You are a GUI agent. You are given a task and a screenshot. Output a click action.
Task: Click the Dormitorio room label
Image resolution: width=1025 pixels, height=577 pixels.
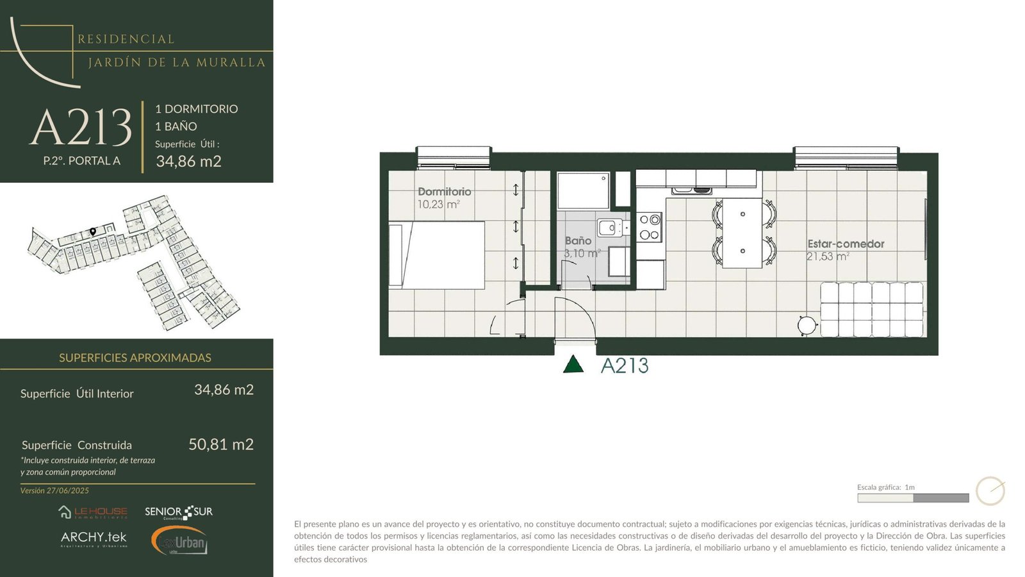(x=444, y=192)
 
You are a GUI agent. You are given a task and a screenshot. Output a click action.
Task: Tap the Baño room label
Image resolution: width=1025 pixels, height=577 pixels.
(x=578, y=240)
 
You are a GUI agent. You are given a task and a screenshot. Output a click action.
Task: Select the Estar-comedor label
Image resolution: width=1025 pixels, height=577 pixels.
(x=846, y=244)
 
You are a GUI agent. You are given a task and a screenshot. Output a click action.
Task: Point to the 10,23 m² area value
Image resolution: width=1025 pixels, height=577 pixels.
(x=438, y=205)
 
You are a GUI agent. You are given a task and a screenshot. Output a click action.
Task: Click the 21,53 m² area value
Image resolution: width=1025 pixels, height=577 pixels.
(x=828, y=256)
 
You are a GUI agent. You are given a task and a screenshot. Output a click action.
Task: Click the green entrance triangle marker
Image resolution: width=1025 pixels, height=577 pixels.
(x=573, y=364)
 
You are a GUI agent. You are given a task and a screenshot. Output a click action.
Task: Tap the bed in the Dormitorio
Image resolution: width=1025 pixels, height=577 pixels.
(x=436, y=255)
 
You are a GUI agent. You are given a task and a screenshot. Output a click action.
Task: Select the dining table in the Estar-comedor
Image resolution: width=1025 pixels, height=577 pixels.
(x=742, y=233)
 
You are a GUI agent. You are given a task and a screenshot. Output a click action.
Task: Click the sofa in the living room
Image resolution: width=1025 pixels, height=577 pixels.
(x=872, y=310)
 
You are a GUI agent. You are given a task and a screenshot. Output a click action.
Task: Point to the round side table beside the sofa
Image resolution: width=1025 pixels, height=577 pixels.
(x=807, y=326)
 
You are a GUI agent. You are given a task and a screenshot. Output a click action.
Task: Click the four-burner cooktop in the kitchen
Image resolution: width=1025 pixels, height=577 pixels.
(x=650, y=228)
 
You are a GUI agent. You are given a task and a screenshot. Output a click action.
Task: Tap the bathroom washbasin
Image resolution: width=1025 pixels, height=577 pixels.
(x=610, y=228)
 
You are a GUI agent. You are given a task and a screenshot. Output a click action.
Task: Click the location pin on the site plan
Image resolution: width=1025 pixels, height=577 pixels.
(x=93, y=231)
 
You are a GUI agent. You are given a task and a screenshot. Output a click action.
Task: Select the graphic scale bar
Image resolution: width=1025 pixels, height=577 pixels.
(x=913, y=498)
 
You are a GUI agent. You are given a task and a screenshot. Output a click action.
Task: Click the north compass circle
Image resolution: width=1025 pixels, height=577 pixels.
(x=990, y=491)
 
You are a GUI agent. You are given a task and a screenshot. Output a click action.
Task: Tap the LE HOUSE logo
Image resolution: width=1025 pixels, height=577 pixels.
(x=93, y=512)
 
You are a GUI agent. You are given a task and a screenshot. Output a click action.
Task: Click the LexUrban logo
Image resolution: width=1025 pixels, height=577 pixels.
(x=179, y=541)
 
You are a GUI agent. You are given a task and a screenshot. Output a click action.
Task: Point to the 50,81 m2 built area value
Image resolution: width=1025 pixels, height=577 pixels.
(x=221, y=444)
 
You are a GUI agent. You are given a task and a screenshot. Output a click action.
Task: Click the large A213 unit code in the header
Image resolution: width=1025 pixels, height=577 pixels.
(x=81, y=127)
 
